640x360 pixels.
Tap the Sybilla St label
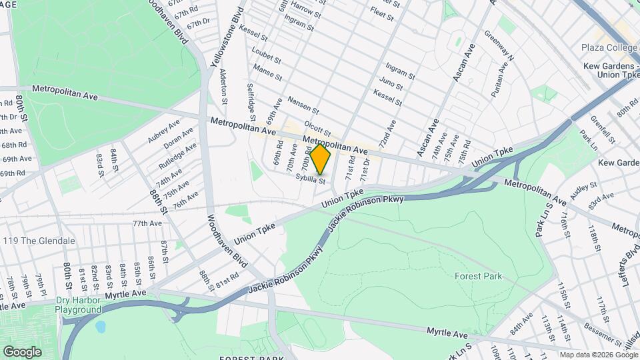[311, 179]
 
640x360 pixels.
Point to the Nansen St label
[303, 105]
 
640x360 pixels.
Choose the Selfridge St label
[253, 97]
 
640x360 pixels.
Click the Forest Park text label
[478, 276]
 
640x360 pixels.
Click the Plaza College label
[608, 47]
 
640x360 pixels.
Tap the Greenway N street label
[499, 46]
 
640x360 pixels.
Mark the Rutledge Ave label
[177, 155]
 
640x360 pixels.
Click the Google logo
[22, 351]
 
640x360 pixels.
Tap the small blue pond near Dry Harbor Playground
[101, 327]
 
